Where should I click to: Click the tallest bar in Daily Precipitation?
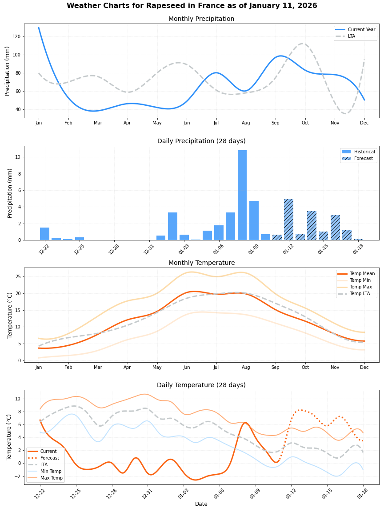[x=242, y=196]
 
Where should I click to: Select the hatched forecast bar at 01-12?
[x=288, y=220]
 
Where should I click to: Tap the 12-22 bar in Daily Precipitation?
[x=45, y=234]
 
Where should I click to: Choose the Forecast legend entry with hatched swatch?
[x=359, y=158]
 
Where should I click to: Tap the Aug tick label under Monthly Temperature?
[x=246, y=368]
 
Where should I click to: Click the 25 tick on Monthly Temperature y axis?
[x=19, y=276]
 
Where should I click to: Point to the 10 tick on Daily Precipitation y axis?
[x=19, y=157]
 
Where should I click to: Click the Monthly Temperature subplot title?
[x=201, y=263]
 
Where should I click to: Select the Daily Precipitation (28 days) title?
[x=201, y=141]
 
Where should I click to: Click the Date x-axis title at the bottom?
[x=201, y=504]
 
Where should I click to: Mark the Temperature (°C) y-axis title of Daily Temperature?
[x=9, y=437]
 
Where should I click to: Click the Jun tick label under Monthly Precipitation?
[x=187, y=123]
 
